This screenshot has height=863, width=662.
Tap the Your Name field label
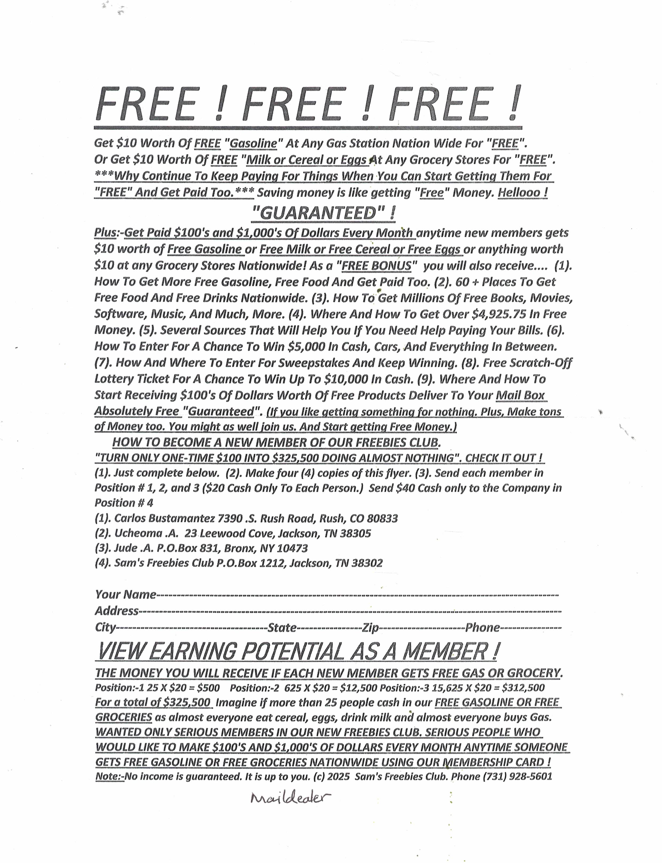pos(125,594)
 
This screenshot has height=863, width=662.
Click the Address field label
pos(117,611)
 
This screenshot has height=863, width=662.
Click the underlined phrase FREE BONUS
pos(376,266)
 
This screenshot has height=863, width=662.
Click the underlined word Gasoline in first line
pos(253,143)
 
